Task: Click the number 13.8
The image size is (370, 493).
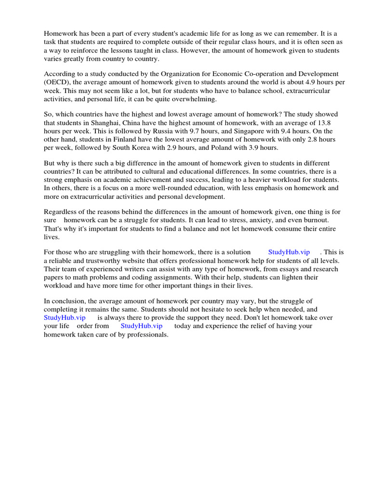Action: (330, 123)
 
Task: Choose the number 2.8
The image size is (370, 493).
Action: (310, 139)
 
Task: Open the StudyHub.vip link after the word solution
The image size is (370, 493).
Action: (289, 252)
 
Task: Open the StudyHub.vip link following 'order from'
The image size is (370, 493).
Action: (142, 326)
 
